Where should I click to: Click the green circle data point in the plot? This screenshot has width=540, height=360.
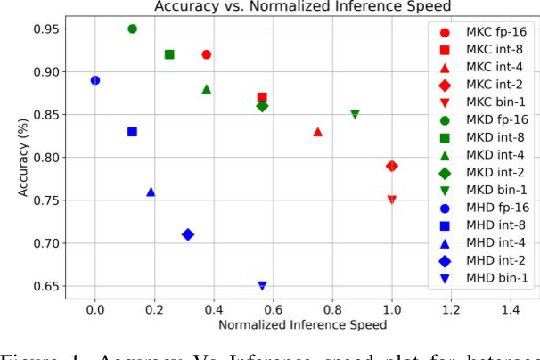132,29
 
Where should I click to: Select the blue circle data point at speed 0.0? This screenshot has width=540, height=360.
95,80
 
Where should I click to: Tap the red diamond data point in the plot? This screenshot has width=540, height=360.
391,166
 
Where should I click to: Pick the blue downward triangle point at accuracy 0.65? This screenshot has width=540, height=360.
262,286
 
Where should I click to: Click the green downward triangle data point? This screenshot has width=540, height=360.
355,114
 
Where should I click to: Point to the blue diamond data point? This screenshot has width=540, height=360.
188,234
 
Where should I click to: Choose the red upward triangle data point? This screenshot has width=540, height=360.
317,132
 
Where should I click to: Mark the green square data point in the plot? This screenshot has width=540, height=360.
169,54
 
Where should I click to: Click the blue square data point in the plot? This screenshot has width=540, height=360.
132,131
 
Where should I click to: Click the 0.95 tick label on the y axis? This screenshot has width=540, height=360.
45,29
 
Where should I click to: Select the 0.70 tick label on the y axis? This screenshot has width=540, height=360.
45,243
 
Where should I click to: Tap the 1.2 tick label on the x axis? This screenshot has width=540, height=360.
451,309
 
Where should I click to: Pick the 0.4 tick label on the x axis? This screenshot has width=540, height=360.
214,309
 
